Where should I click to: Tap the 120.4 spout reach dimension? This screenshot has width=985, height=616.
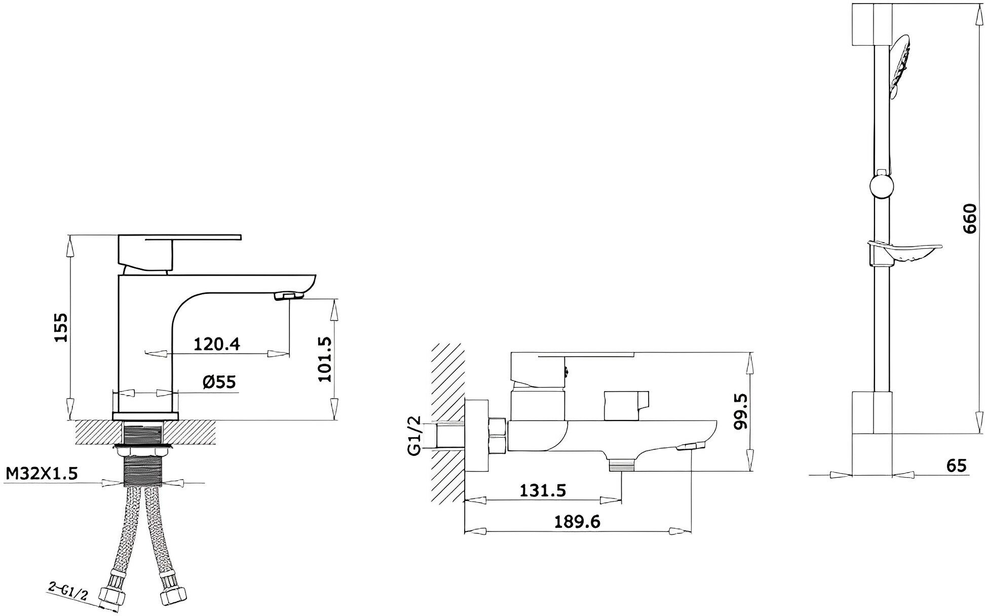217,344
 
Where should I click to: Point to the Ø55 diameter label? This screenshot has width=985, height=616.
219,381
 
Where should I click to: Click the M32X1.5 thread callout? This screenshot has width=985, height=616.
42,474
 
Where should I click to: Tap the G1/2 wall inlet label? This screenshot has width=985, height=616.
415,435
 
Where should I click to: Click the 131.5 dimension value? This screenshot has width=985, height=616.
543,490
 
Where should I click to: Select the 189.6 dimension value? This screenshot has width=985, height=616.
577,521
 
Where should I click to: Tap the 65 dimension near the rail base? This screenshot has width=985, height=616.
956,465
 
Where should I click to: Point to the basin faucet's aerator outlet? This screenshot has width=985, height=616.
286,295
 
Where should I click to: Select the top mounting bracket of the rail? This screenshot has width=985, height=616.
871,25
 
